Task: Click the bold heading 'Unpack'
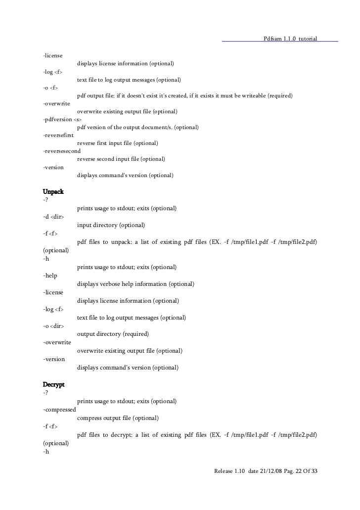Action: (x=53, y=191)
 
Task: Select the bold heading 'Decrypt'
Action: (x=54, y=384)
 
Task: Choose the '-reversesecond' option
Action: (x=62, y=151)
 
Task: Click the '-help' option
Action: (x=50, y=276)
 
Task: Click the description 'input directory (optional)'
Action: (x=111, y=225)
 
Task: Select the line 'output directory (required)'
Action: (x=113, y=334)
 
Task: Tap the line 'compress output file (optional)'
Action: (x=118, y=418)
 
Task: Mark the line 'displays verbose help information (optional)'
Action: (x=135, y=284)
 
